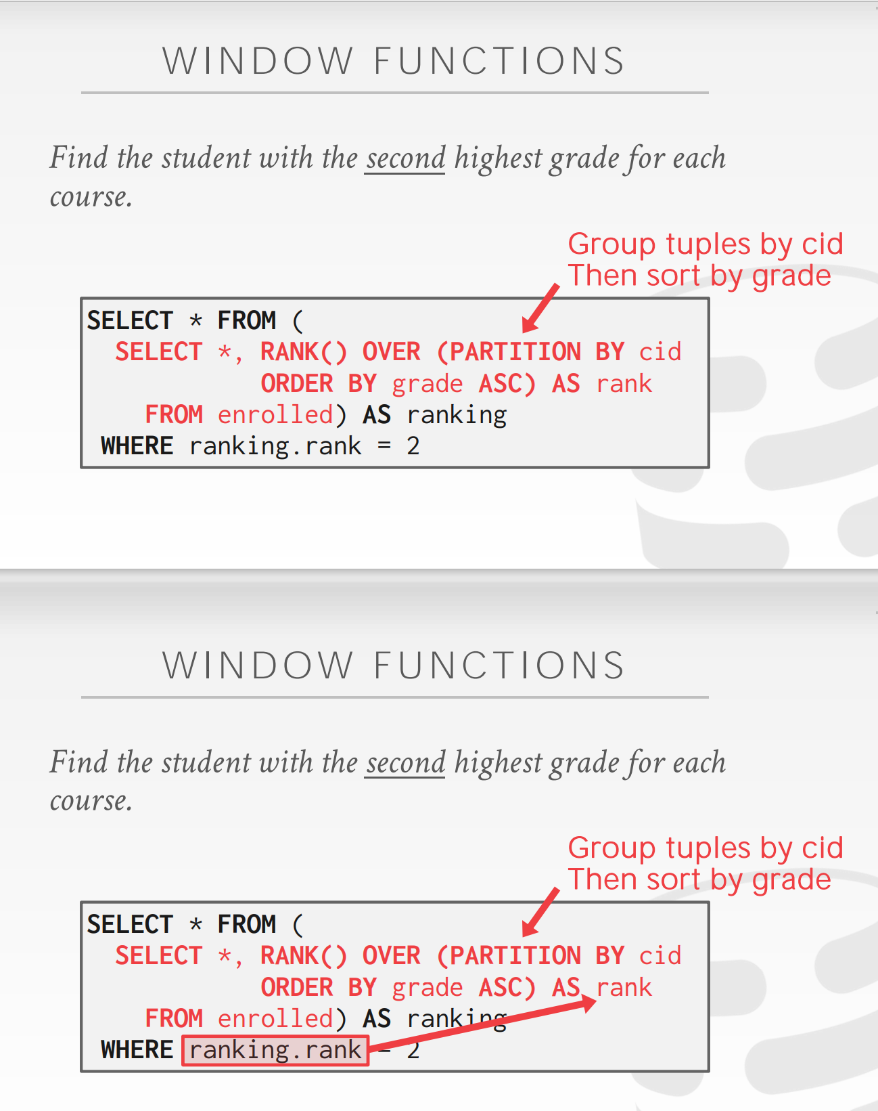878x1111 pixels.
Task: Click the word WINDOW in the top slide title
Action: (258, 62)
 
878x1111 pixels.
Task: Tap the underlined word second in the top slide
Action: (405, 158)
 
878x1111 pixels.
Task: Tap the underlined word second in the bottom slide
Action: (405, 763)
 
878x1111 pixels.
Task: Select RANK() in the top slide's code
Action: (304, 352)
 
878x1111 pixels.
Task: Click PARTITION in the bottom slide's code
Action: (515, 956)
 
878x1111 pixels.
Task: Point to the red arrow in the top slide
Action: (541, 309)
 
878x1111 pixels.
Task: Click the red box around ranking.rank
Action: (275, 1050)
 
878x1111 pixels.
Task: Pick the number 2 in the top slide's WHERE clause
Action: (413, 446)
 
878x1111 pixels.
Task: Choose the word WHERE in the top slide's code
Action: (137, 446)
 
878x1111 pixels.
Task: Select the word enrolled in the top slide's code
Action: (275, 415)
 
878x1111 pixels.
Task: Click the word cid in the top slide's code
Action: (660, 352)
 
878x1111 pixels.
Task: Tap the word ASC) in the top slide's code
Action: (507, 384)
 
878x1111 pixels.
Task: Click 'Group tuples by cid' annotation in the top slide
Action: (706, 244)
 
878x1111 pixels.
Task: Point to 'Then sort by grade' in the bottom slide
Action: (699, 879)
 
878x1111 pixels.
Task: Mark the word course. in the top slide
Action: (91, 198)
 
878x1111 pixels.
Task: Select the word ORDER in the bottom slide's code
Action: (297, 988)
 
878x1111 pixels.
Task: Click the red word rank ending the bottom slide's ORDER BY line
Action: (624, 988)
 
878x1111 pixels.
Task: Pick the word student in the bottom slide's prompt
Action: (206, 763)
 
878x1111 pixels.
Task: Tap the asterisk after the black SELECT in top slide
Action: (195, 320)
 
